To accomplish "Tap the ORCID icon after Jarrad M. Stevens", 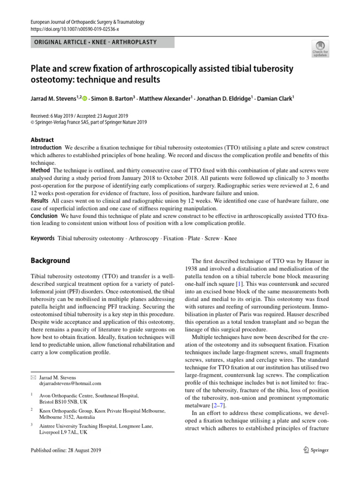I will (85, 98).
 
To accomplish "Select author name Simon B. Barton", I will (113, 98).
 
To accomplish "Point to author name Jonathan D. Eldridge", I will (224, 98).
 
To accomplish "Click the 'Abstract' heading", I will (42, 140).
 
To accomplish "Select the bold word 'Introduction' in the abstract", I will (46, 148).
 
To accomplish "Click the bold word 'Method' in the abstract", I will (40, 170).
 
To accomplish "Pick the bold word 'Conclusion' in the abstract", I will (44, 216).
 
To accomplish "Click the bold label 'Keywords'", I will (43, 238).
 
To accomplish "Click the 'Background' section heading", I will (50, 261).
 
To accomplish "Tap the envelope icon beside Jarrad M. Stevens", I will (33, 377).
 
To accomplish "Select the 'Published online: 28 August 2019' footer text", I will (66, 450).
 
